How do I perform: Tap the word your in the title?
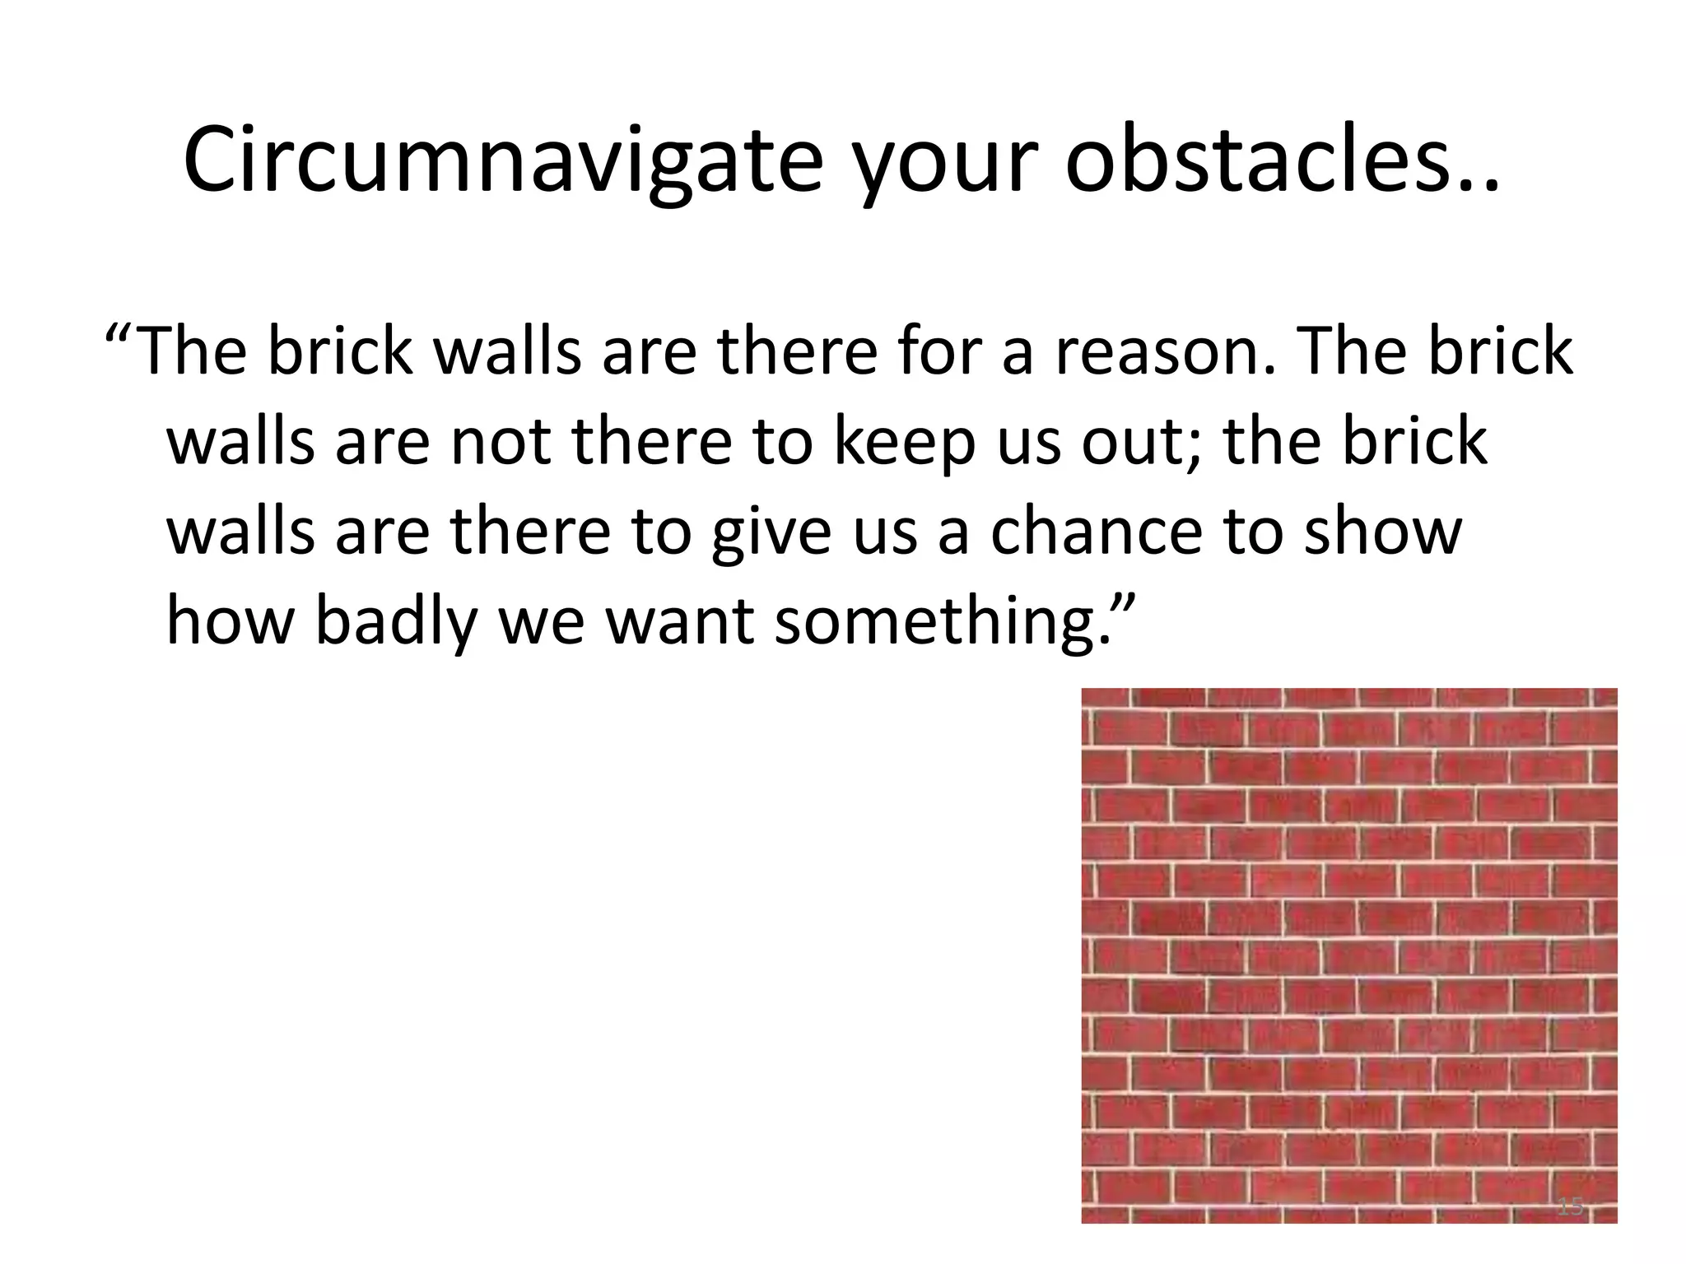coord(943,169)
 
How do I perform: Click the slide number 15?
coord(1570,1207)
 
